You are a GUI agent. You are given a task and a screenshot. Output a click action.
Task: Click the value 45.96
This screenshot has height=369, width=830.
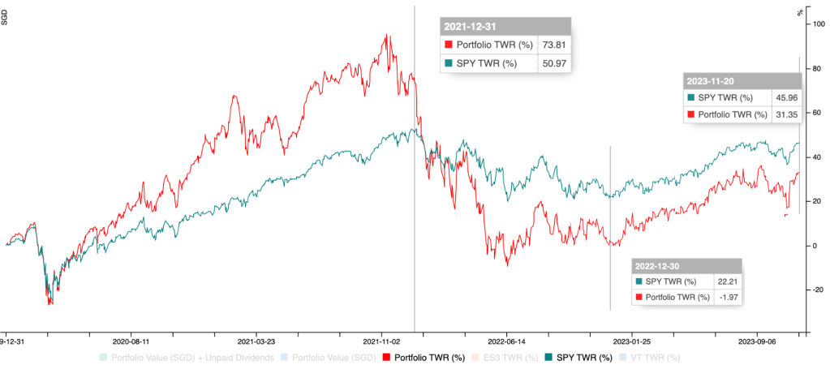[784, 97]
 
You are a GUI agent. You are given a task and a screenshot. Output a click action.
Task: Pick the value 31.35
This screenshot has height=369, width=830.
[784, 114]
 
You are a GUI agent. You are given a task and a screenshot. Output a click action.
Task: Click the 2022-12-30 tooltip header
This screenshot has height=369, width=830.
[658, 264]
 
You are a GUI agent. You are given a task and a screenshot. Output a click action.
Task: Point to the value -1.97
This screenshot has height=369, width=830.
[725, 298]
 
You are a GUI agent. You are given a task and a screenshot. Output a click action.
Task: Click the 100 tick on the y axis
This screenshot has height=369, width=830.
[819, 24]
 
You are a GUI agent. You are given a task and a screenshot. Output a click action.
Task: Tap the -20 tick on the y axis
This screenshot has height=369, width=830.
[819, 290]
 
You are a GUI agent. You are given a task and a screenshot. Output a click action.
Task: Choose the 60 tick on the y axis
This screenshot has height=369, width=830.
[819, 113]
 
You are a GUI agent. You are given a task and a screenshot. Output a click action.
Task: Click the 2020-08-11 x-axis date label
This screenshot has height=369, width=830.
[132, 341]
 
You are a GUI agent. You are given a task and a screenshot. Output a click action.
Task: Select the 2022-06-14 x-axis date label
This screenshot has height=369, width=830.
[506, 341]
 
